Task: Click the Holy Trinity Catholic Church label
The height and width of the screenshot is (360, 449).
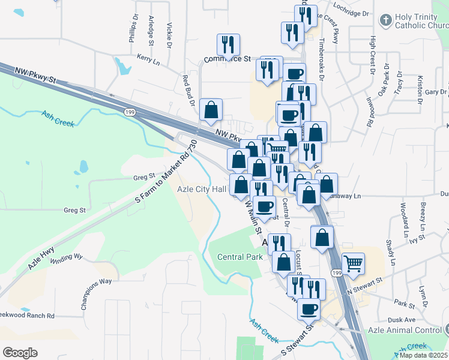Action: point(422,21)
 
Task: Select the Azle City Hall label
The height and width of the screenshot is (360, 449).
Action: point(202,188)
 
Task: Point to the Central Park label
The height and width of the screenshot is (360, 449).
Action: point(240,257)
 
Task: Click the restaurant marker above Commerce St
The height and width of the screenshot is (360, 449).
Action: point(228,45)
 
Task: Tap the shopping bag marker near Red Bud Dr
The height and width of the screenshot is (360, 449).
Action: point(211,110)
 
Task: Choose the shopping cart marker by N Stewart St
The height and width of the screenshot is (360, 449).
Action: point(354,263)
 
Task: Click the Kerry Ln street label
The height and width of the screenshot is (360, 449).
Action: point(148,57)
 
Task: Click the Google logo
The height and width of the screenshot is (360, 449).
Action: point(20,353)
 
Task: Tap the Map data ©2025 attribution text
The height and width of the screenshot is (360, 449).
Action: point(424,355)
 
